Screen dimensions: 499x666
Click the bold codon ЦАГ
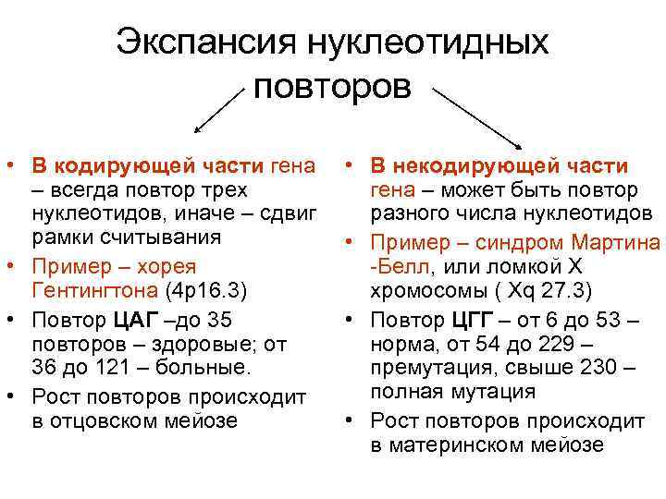132,320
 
